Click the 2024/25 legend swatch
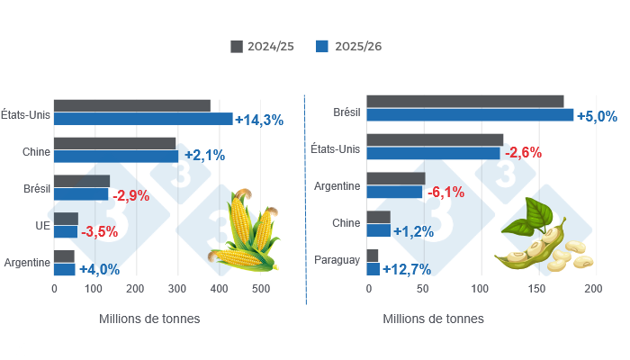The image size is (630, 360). pyautogui.click(x=238, y=46)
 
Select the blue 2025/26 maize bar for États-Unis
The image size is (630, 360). pyautogui.click(x=143, y=119)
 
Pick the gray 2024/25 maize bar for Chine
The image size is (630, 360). pyautogui.click(x=114, y=143)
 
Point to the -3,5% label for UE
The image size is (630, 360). pyautogui.click(x=100, y=232)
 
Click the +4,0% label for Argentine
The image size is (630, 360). pyautogui.click(x=100, y=269)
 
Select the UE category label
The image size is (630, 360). pyautogui.click(x=31, y=225)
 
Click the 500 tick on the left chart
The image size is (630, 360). pyautogui.click(x=261, y=289)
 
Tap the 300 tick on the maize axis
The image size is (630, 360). pyautogui.click(x=178, y=289)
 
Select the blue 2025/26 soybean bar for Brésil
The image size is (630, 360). pyautogui.click(x=470, y=115)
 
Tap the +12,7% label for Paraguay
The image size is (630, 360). pyautogui.click(x=407, y=269)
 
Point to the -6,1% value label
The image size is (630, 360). pyautogui.click(x=445, y=193)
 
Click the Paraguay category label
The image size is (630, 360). pyautogui.click(x=337, y=261)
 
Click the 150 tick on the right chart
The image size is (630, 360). pyautogui.click(x=536, y=289)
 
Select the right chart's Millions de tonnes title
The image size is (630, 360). pyautogui.click(x=433, y=319)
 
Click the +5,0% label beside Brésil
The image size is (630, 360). pyautogui.click(x=597, y=116)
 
